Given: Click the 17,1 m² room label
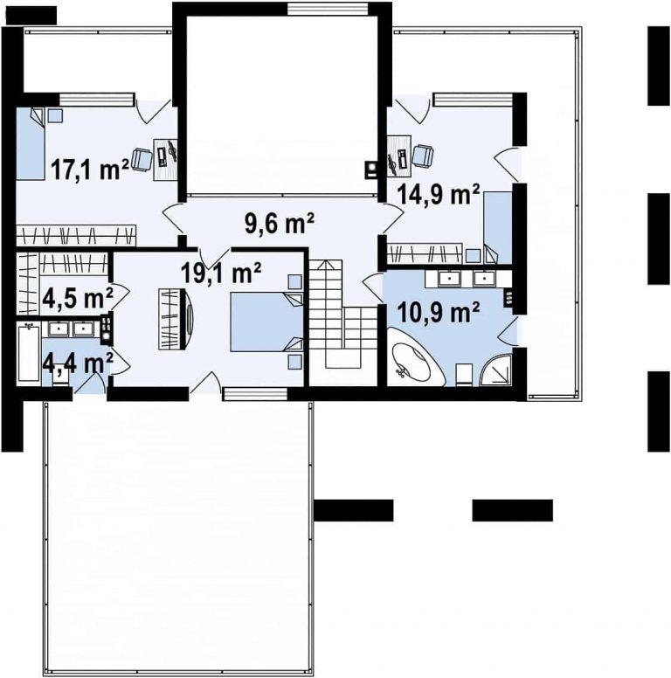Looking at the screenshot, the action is [x=90, y=169].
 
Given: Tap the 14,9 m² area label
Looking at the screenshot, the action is [x=439, y=194].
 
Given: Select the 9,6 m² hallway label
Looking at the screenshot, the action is [x=280, y=223].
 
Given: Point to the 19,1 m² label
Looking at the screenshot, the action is [x=221, y=273].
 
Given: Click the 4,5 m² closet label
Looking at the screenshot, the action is [x=78, y=297].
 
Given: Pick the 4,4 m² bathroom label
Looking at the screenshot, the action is [x=78, y=363].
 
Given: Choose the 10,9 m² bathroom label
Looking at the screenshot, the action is [x=438, y=313].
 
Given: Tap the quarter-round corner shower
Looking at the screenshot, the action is [x=497, y=370].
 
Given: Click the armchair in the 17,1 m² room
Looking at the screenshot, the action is [x=142, y=159].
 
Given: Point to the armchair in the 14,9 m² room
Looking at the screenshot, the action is [x=423, y=156].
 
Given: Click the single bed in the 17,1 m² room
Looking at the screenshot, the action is [x=31, y=143].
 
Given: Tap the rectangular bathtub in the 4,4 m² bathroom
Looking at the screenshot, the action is [x=29, y=354].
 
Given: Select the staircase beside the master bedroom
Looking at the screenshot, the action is [x=335, y=315].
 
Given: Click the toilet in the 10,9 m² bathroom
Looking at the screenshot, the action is [x=464, y=375].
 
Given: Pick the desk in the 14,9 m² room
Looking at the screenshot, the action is [x=398, y=156].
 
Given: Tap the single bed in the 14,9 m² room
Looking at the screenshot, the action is [x=498, y=227].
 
